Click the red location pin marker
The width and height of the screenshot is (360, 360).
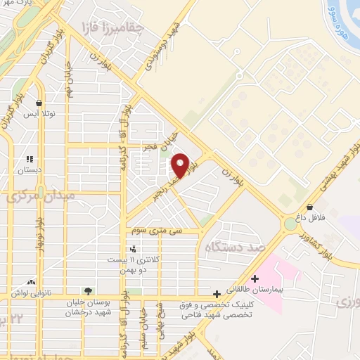coord(179,166)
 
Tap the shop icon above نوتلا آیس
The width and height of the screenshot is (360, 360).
coord(38,101)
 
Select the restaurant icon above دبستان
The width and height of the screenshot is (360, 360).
coord(30,158)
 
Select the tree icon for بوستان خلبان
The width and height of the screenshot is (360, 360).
coord(87,291)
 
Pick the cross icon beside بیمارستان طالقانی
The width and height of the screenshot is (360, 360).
coord(254,278)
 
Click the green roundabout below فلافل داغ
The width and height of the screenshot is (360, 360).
coord(290,225)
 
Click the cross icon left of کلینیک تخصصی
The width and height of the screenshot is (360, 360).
coord(216,294)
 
